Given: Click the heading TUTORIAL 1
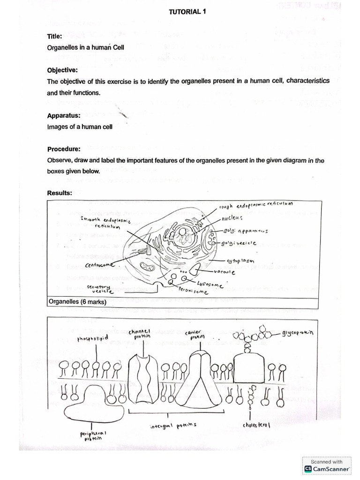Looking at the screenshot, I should [x=187, y=13].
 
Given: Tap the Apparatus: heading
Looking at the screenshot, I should [x=63, y=115].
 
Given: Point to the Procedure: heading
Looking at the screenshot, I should [x=64, y=150].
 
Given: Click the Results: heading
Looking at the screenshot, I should [x=60, y=193].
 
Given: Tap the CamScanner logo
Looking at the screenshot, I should [x=327, y=465].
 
